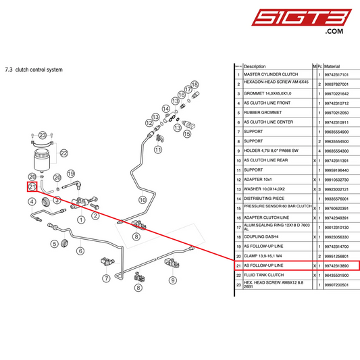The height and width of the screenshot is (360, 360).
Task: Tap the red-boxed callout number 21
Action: click(32, 187)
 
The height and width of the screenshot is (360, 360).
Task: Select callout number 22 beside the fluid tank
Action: click(64, 154)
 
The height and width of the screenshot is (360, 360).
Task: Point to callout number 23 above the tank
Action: click(43, 136)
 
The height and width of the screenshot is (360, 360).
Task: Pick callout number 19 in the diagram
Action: click(70, 174)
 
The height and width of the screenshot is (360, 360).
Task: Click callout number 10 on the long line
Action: click(142, 199)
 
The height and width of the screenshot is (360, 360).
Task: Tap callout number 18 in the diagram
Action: click(195, 85)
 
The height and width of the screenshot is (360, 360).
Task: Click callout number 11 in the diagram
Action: click(159, 149)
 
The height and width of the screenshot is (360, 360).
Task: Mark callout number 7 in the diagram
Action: click(106, 279)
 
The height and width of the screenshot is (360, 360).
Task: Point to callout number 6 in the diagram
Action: click(80, 251)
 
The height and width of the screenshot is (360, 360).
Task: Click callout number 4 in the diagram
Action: click(32, 201)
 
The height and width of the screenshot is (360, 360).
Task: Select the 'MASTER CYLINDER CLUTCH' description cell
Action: click(270, 74)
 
